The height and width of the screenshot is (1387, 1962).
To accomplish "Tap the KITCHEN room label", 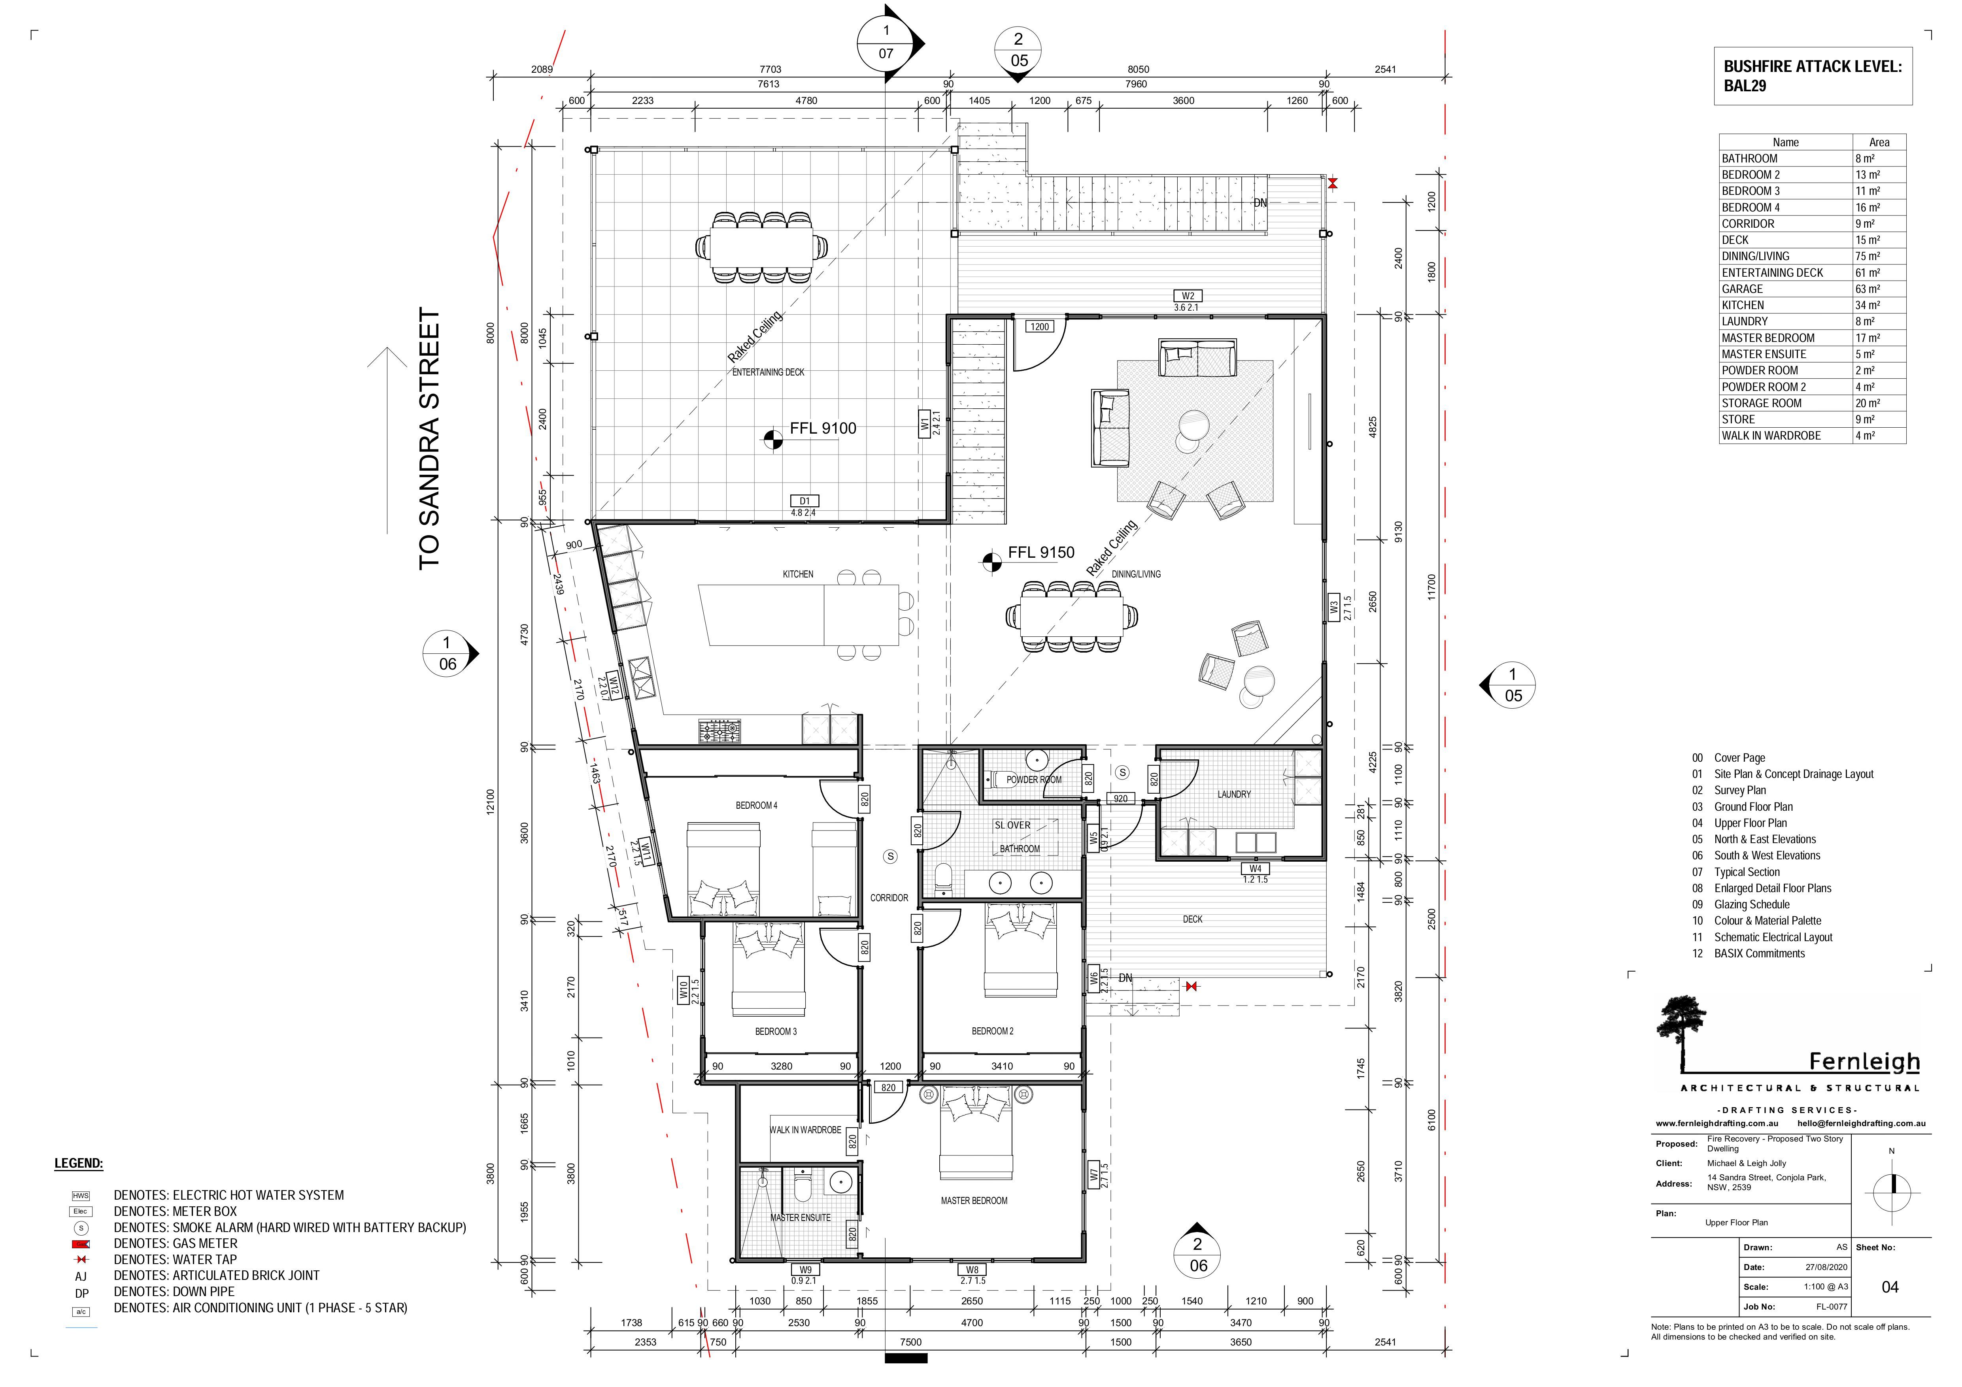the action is coord(797,574).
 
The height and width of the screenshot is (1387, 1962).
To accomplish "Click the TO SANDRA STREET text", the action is coord(430,438).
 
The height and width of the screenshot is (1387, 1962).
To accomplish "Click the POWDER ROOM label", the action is coord(1033,779).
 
